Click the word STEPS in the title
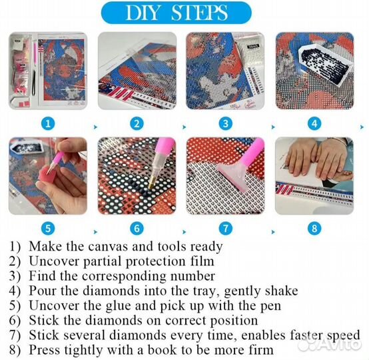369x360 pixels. tap(199, 13)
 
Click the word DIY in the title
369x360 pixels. tap(143, 13)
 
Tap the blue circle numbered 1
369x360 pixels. tap(48, 124)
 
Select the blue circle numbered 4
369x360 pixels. tap(314, 124)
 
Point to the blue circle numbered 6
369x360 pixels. tap(137, 228)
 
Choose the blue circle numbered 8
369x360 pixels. tap(314, 228)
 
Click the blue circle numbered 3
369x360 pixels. tap(225, 124)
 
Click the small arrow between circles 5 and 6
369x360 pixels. tap(95, 232)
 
